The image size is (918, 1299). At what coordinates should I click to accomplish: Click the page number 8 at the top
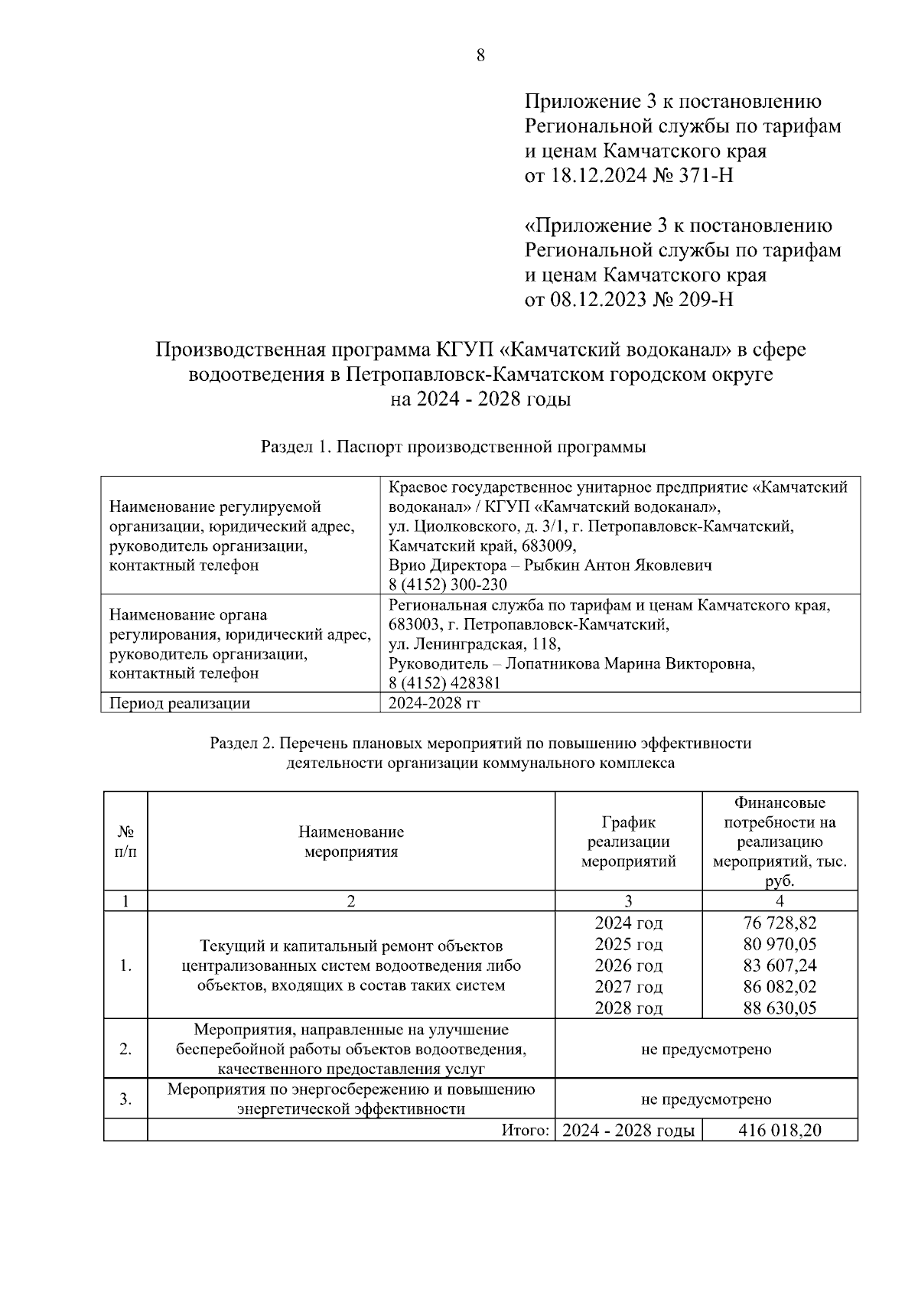point(480,55)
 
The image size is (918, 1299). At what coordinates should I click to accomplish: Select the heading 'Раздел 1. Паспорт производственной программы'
point(453,447)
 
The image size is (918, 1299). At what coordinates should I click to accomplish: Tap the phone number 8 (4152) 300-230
point(448,584)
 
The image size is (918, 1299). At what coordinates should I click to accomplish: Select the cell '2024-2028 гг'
point(434,702)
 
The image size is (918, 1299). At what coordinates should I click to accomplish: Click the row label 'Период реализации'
point(180,702)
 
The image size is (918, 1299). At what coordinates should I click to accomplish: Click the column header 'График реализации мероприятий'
point(628,842)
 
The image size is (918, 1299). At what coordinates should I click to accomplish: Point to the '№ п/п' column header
point(125,842)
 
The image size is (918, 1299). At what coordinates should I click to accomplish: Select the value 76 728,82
point(780,923)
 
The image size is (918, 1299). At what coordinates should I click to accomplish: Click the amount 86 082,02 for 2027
point(780,987)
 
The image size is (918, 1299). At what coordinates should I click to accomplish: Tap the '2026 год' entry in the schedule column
point(628,965)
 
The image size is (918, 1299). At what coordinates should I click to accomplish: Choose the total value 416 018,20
point(780,1130)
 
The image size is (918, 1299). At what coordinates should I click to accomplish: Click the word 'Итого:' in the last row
point(526,1130)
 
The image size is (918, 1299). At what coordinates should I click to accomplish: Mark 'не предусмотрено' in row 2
point(705,1049)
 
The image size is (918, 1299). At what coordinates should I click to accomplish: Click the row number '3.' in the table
point(125,1099)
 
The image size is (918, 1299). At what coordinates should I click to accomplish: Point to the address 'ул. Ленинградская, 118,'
point(474,644)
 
